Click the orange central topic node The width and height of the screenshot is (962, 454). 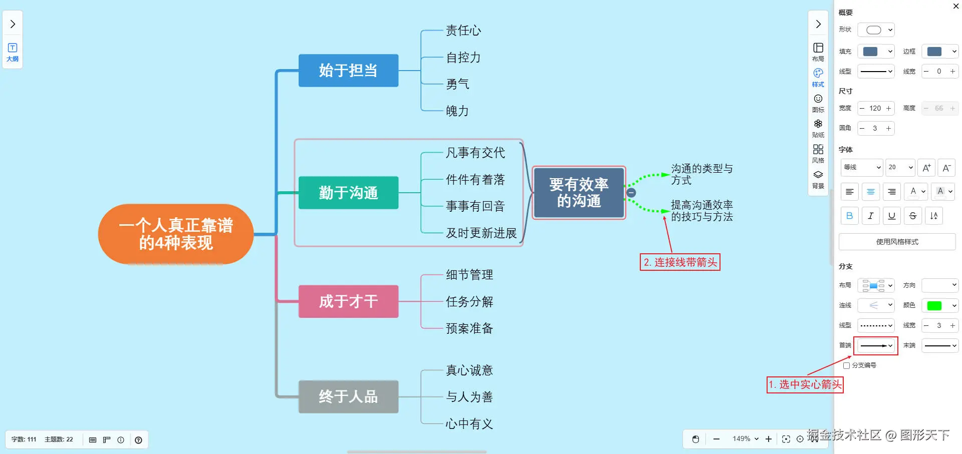click(x=176, y=234)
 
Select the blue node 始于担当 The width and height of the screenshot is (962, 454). click(x=348, y=71)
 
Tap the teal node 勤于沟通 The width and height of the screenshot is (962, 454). click(x=348, y=193)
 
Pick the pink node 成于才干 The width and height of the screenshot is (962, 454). click(x=348, y=301)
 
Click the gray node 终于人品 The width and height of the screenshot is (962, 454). click(x=348, y=396)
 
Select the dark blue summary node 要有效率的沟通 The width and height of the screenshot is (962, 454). click(x=579, y=193)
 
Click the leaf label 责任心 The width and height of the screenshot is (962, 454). click(x=463, y=31)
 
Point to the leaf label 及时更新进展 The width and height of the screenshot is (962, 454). click(x=481, y=233)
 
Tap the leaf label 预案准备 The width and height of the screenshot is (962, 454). click(x=469, y=328)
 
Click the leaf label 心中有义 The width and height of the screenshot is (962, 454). click(x=469, y=424)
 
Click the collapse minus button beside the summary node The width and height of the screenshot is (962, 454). click(x=631, y=193)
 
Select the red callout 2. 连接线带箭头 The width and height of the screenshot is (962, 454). click(x=680, y=262)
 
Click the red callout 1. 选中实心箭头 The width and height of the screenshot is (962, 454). click(x=805, y=384)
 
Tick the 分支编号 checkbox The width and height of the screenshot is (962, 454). click(x=847, y=365)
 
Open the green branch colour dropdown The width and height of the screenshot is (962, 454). click(x=940, y=305)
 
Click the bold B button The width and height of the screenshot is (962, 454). click(x=849, y=216)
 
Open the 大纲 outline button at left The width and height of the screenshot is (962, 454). click(x=13, y=52)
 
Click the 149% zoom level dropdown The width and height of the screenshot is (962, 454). click(x=745, y=439)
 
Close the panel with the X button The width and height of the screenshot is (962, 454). click(x=955, y=7)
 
